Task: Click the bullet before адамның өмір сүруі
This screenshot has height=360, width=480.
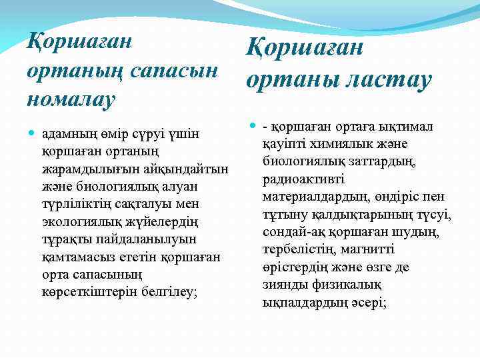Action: tap(32, 133)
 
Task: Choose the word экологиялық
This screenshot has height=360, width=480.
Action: tap(79, 221)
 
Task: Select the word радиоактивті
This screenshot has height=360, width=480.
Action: tap(299, 179)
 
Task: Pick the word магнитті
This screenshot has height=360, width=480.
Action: tap(366, 249)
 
